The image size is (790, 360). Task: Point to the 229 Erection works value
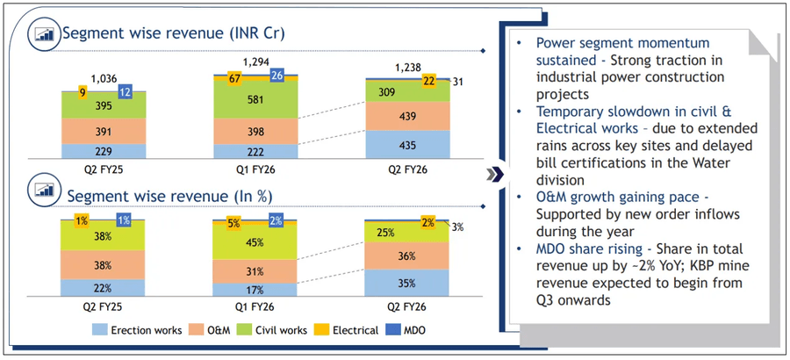pos(104,151)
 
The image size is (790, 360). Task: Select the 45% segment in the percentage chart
pos(255,243)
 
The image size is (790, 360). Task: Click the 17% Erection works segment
pos(255,289)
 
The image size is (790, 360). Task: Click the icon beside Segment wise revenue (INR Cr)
pos(44,33)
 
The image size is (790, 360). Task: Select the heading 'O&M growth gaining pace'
pos(614,199)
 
